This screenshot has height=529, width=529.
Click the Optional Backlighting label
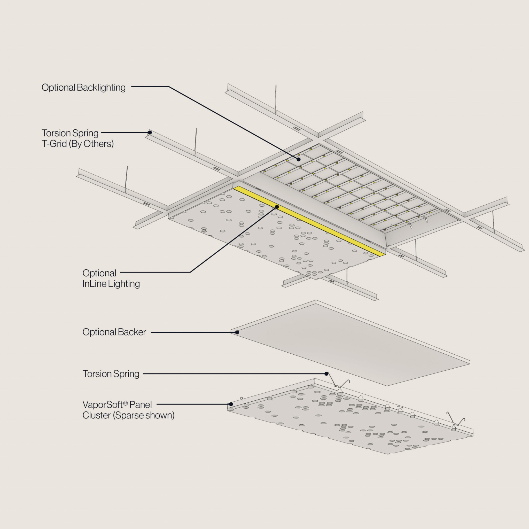click(83, 88)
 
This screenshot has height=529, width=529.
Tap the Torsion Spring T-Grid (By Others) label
click(77, 138)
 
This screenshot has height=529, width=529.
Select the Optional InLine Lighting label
click(111, 278)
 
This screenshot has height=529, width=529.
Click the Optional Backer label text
click(114, 332)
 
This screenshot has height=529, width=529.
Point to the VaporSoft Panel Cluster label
click(128, 410)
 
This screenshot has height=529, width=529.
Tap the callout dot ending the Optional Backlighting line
click(298, 159)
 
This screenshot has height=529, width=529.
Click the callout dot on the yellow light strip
click(277, 207)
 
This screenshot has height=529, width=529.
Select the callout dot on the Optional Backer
click(237, 332)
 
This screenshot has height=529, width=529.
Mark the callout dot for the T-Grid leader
click(150, 133)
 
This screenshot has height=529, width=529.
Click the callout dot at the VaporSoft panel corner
click(231, 404)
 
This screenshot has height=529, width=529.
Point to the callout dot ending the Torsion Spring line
click(326, 374)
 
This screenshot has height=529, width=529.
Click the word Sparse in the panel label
click(129, 415)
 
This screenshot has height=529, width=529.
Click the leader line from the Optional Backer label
click(192, 332)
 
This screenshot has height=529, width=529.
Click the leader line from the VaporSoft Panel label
click(192, 404)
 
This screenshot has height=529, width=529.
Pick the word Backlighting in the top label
click(101, 88)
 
